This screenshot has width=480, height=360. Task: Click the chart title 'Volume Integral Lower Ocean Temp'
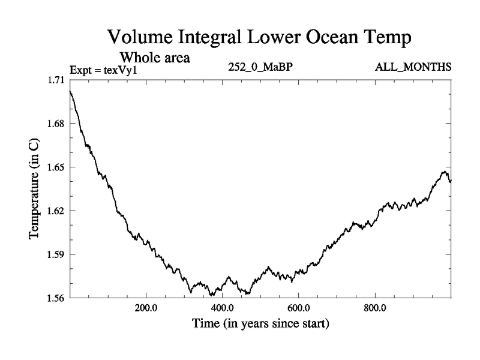(259, 38)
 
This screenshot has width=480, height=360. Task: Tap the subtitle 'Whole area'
(155, 58)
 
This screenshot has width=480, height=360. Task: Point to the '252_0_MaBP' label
(260, 67)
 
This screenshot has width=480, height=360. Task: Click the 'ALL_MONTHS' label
(413, 67)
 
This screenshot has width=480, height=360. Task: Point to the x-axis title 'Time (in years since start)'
(260, 325)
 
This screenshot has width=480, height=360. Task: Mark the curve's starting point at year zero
(70, 91)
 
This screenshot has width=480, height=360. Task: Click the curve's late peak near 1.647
(445, 172)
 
